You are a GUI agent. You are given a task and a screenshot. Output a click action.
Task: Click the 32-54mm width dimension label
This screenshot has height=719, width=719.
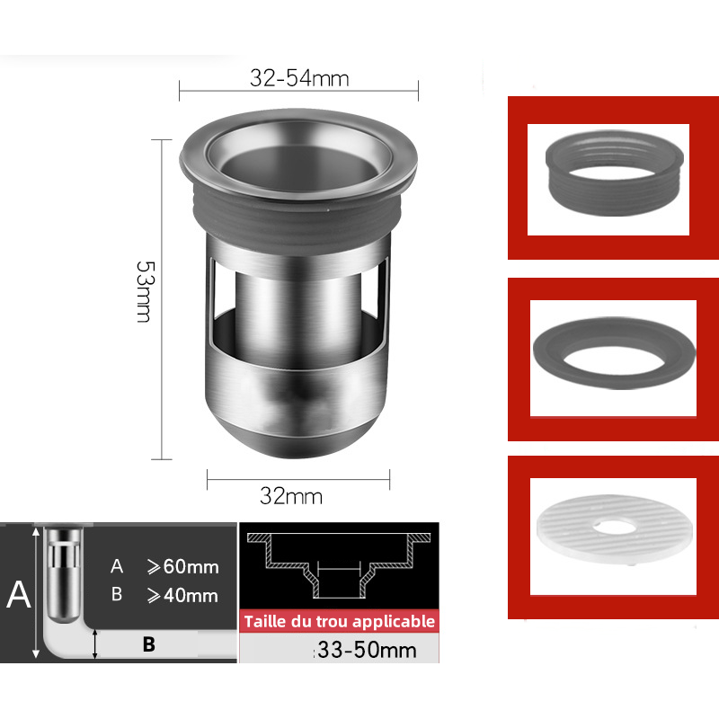click(299, 78)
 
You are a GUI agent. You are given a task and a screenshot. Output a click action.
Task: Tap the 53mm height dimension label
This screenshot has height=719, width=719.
click(146, 291)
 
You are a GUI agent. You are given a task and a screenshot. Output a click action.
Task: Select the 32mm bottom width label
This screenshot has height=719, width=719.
click(291, 496)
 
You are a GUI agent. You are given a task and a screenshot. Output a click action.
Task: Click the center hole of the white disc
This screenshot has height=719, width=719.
click(614, 528)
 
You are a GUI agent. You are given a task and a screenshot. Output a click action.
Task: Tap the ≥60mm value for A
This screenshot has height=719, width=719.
click(183, 567)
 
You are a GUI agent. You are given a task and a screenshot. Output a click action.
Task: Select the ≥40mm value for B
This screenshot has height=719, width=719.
click(182, 596)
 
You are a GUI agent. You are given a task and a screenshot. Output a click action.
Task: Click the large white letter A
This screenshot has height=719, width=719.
click(19, 594)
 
